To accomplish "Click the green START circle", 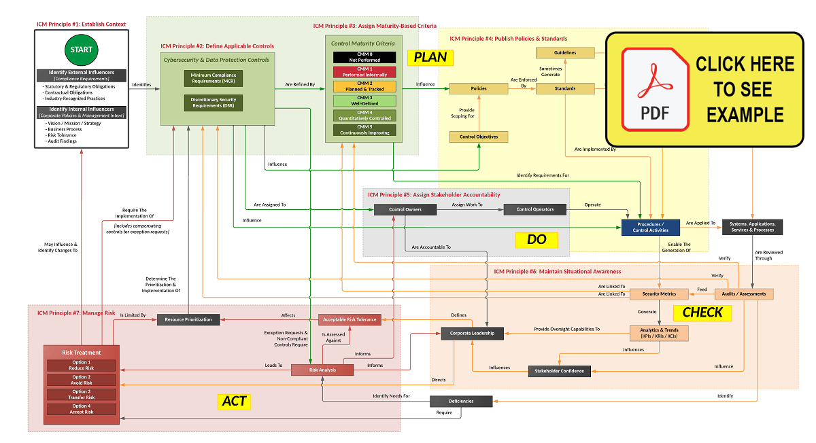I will [x=81, y=50].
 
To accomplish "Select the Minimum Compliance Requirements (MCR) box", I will [x=213, y=78].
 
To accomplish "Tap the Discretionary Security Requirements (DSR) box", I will [x=213, y=103].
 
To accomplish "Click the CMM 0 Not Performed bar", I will [x=364, y=57].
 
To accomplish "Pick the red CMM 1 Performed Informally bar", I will [x=364, y=71].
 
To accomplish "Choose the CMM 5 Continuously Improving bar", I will [x=364, y=130].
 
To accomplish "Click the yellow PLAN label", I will [x=430, y=58].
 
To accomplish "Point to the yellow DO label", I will [x=542, y=239].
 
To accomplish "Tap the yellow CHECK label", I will [x=702, y=313].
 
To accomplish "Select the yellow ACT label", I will [x=235, y=402].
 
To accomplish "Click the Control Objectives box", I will [x=479, y=137].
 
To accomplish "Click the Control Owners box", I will [x=405, y=209].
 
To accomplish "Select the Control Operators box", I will [x=534, y=209].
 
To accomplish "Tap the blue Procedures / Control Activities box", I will [x=651, y=228].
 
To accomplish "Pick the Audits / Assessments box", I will [x=744, y=294].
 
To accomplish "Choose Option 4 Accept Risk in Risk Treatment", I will [x=81, y=409].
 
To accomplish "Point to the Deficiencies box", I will [x=460, y=401].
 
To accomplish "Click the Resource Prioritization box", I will [x=188, y=319].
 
